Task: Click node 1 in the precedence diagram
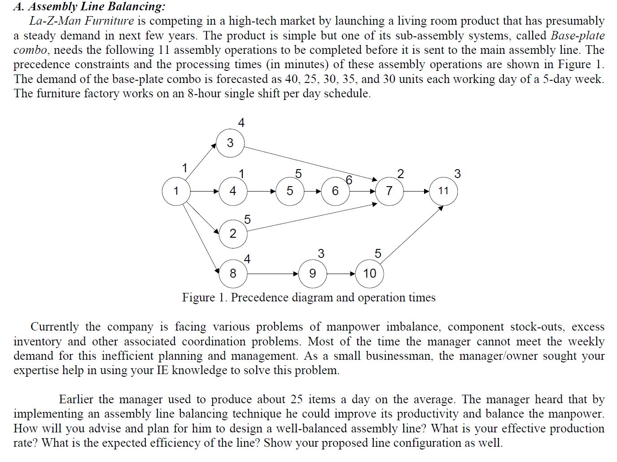tap(176, 191)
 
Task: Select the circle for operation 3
tap(230, 143)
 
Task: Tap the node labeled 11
tap(443, 191)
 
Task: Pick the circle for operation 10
tap(369, 274)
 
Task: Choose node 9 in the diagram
tap(313, 274)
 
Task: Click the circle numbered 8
tap(233, 274)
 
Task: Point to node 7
tap(389, 191)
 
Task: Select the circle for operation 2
tap(233, 234)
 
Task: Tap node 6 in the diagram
tap(335, 191)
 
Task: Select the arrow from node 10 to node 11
tap(411, 234)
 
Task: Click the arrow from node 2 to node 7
tap(312, 217)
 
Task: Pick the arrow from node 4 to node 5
tap(261, 191)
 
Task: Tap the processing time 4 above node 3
tap(241, 123)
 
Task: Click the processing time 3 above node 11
tap(457, 174)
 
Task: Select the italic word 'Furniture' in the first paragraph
tap(109, 21)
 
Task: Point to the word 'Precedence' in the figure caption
tap(259, 298)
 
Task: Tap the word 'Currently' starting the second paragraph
tap(54, 327)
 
